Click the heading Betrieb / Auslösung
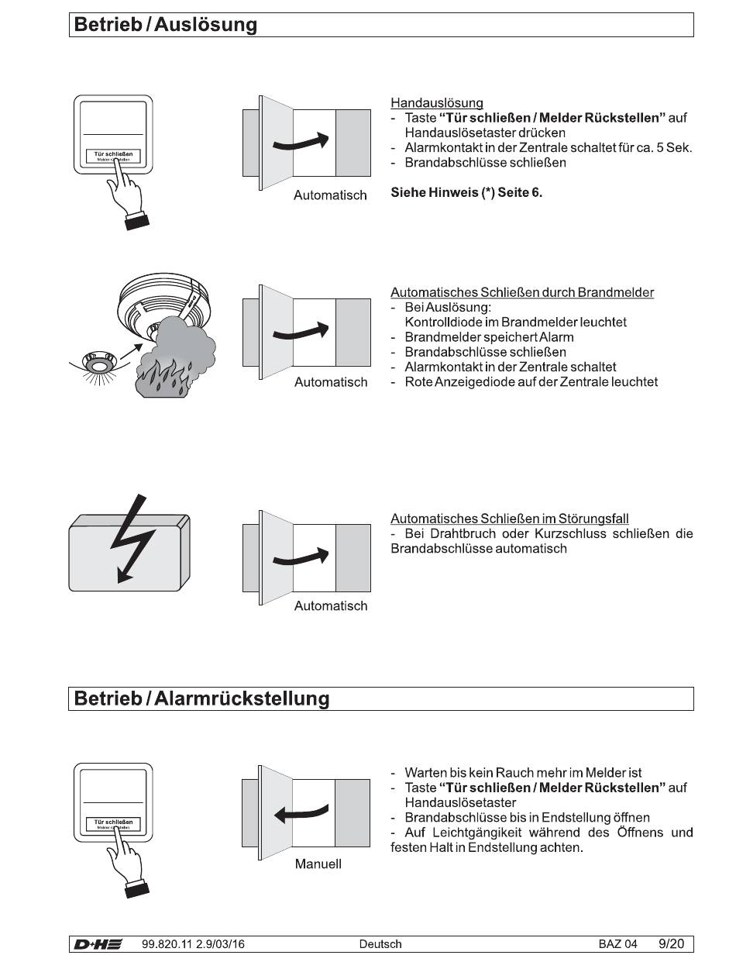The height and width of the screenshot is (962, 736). coord(166,25)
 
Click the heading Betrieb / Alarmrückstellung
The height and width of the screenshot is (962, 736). coord(201,698)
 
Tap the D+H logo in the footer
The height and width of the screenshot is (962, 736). coord(98,944)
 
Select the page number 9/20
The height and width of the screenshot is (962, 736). coord(671,944)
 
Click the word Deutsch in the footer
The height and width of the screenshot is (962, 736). coord(380,944)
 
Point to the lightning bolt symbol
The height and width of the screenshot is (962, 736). coord(132,538)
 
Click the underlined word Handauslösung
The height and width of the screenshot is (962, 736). coord(436,103)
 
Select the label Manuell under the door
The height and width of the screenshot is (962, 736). coord(318,864)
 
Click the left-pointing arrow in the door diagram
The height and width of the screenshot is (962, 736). coord(301,813)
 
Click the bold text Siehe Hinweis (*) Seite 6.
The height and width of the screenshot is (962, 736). coord(466,192)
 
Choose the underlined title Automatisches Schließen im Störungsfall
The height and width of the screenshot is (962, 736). coord(510,519)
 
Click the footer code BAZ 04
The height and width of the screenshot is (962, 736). coord(618,944)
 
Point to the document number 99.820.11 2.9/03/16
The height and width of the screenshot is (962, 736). coord(193,944)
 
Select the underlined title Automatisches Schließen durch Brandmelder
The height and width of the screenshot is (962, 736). coord(522,292)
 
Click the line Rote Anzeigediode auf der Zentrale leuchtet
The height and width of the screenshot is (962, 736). coord(531,382)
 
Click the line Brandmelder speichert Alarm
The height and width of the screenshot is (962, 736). coord(489,337)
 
